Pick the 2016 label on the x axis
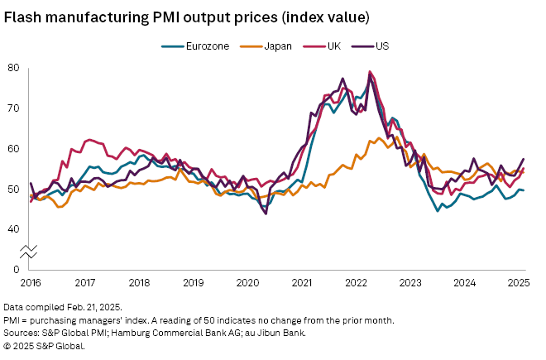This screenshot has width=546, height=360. (x=31, y=283)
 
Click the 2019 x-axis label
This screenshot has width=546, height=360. (x=194, y=283)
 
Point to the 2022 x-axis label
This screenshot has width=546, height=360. (x=357, y=283)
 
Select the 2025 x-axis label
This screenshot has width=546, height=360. (x=519, y=283)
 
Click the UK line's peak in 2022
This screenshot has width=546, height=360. (x=369, y=72)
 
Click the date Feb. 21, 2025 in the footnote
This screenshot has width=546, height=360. (x=93, y=306)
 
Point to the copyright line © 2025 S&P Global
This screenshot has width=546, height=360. (x=44, y=346)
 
